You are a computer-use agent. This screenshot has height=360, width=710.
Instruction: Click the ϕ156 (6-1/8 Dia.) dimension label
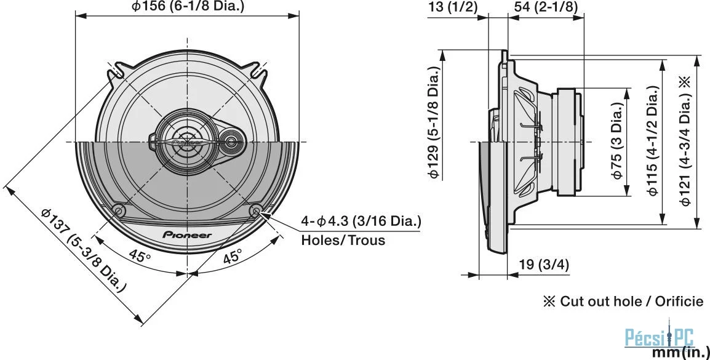[x=187, y=6]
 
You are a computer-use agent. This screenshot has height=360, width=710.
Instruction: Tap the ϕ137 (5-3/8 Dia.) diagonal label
[x=83, y=250]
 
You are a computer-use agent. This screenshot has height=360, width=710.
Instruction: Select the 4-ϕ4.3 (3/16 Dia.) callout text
[x=361, y=222]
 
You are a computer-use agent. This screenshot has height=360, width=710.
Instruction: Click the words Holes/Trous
[x=343, y=239]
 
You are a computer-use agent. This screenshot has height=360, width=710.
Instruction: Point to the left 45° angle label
[x=139, y=256]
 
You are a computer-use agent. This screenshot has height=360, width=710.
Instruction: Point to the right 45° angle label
[x=233, y=256]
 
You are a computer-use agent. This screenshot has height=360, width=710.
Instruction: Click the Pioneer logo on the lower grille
[x=187, y=234]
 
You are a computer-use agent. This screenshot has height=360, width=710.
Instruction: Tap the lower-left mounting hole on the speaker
[x=119, y=210]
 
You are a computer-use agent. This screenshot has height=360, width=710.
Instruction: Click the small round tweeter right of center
[x=231, y=142]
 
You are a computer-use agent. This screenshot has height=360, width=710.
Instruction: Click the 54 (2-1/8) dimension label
[x=546, y=7]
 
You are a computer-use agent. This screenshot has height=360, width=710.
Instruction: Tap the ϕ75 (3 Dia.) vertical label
[x=618, y=140]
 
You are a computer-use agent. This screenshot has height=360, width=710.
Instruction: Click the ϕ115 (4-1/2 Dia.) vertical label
[x=652, y=141]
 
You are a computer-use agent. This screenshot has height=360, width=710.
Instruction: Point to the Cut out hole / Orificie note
[x=623, y=301]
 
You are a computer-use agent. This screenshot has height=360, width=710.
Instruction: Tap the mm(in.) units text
[x=680, y=352]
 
